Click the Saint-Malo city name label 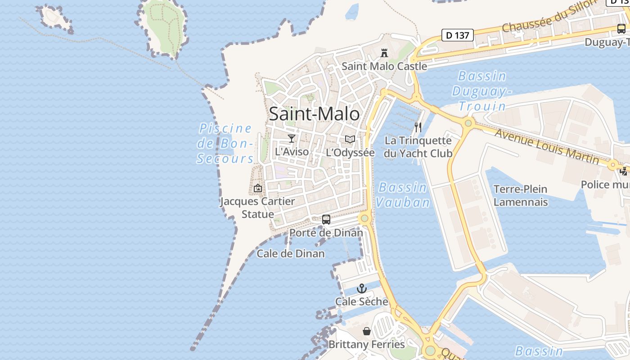(314, 114)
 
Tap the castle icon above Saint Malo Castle (384, 53)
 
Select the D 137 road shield (458, 35)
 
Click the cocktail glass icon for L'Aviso (292, 139)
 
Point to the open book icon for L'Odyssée (350, 139)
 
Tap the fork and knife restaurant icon (418, 127)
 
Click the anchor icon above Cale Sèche (362, 288)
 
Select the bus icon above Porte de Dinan (326, 220)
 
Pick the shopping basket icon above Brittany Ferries (367, 332)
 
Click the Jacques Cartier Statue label (257, 207)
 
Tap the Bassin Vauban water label (403, 194)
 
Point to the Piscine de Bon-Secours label (225, 143)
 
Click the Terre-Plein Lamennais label (521, 195)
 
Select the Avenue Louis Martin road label (547, 146)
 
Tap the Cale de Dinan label (291, 254)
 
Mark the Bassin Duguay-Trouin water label (482, 91)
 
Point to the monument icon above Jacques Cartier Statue (258, 188)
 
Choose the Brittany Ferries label (367, 345)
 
